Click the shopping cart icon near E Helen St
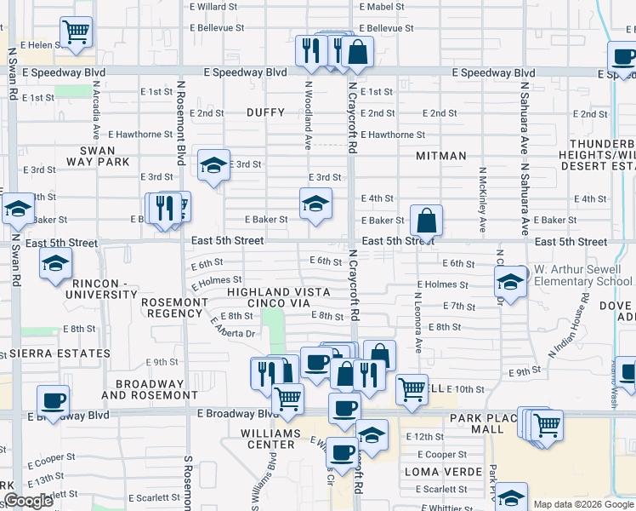click(77, 33)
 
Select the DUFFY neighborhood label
click(265, 112)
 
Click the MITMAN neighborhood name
click(441, 156)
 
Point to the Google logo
click(28, 501)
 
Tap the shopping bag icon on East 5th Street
click(426, 221)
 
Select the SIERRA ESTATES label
click(55, 353)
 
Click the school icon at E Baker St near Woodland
click(315, 204)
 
